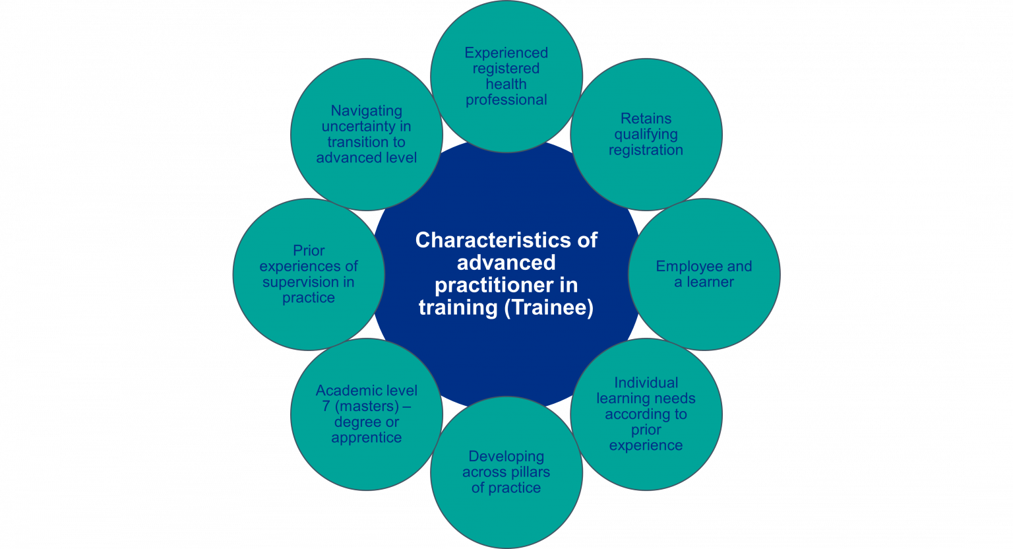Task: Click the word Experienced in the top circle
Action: pos(506,53)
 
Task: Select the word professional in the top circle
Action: pos(506,100)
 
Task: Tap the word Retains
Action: pos(646,119)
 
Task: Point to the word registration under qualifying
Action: pos(646,150)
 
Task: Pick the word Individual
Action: pos(646,383)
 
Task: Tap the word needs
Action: pos(676,399)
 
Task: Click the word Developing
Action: pos(506,457)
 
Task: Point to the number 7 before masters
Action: pos(326,406)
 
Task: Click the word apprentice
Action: pos(366,438)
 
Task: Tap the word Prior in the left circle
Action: pos(309,251)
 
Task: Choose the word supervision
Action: pos(300,282)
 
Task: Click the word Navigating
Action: pos(366,111)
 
